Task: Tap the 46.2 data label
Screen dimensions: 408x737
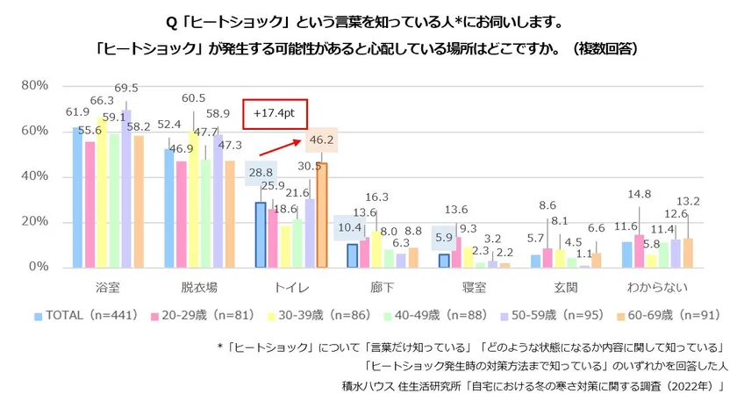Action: click(x=318, y=140)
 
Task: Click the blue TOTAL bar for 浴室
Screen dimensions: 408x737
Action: click(x=78, y=197)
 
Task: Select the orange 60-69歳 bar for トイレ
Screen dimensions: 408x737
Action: click(x=321, y=215)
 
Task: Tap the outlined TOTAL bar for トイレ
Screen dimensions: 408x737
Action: click(x=261, y=234)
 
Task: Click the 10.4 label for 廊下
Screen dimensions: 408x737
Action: click(x=350, y=227)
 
